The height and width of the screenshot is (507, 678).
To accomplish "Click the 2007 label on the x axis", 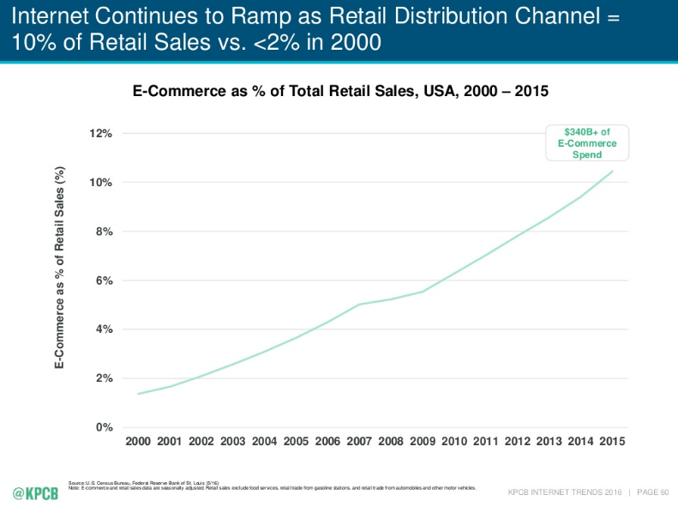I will tap(358, 441).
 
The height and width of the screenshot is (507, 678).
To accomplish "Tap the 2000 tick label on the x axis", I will tap(138, 441).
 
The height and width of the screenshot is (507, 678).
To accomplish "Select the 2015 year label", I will tap(612, 441).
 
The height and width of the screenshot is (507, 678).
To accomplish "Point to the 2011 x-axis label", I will tap(485, 441).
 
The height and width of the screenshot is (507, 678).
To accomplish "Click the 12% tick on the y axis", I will tap(101, 134).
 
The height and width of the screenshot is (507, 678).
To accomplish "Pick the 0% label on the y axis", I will tap(105, 427).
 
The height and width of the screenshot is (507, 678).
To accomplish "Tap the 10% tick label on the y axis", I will tap(101, 183).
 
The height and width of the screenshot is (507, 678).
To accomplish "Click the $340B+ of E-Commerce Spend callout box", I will tap(587, 142).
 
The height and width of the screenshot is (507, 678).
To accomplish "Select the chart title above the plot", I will tap(339, 90).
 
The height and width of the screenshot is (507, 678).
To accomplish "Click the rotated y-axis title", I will tap(60, 268).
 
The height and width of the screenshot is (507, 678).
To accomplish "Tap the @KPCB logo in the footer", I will tap(36, 493).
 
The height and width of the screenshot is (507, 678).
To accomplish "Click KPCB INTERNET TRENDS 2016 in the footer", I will tap(565, 492).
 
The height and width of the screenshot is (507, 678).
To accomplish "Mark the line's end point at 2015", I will tap(612, 172).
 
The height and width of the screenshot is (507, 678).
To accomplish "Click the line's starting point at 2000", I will tap(138, 394).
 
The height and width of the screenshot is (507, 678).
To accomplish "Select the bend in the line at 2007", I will tap(358, 305).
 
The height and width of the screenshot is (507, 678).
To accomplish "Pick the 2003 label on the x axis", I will tap(232, 441).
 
